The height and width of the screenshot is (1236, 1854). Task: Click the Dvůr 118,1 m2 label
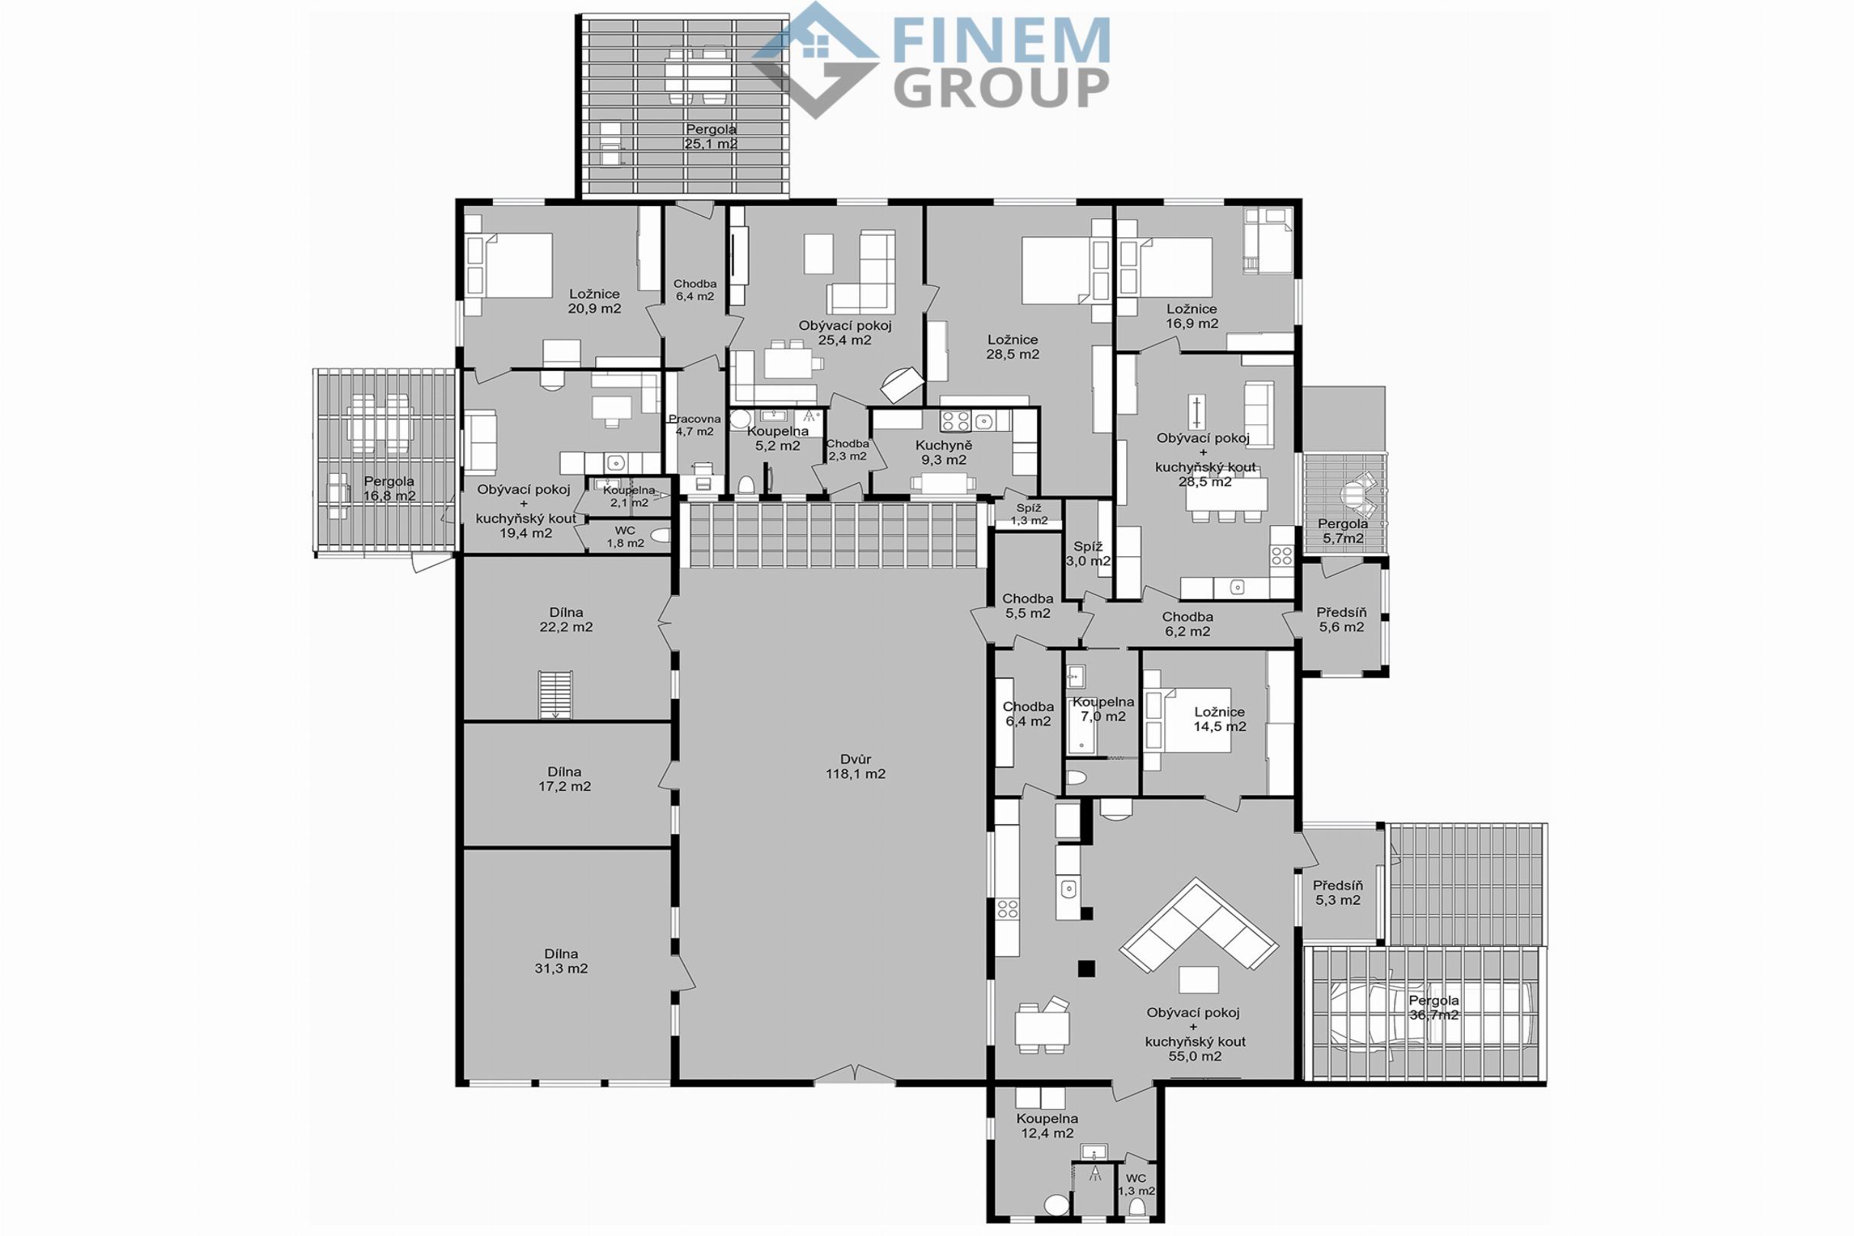(855, 767)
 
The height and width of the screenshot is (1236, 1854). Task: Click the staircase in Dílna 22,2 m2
(555, 694)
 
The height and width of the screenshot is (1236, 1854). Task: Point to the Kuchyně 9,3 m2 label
(945, 452)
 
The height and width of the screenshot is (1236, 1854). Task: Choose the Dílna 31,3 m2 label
(562, 961)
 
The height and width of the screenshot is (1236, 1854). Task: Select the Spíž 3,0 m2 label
(1089, 554)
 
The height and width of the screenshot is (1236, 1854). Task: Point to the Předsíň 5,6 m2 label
(1341, 620)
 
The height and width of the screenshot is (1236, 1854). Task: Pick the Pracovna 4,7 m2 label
(694, 425)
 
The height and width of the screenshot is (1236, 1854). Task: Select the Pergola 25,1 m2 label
(711, 137)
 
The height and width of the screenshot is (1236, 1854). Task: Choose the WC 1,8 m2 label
(625, 537)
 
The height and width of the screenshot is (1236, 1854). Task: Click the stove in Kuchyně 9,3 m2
(954, 421)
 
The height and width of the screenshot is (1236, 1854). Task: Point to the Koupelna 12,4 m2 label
(1047, 1125)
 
